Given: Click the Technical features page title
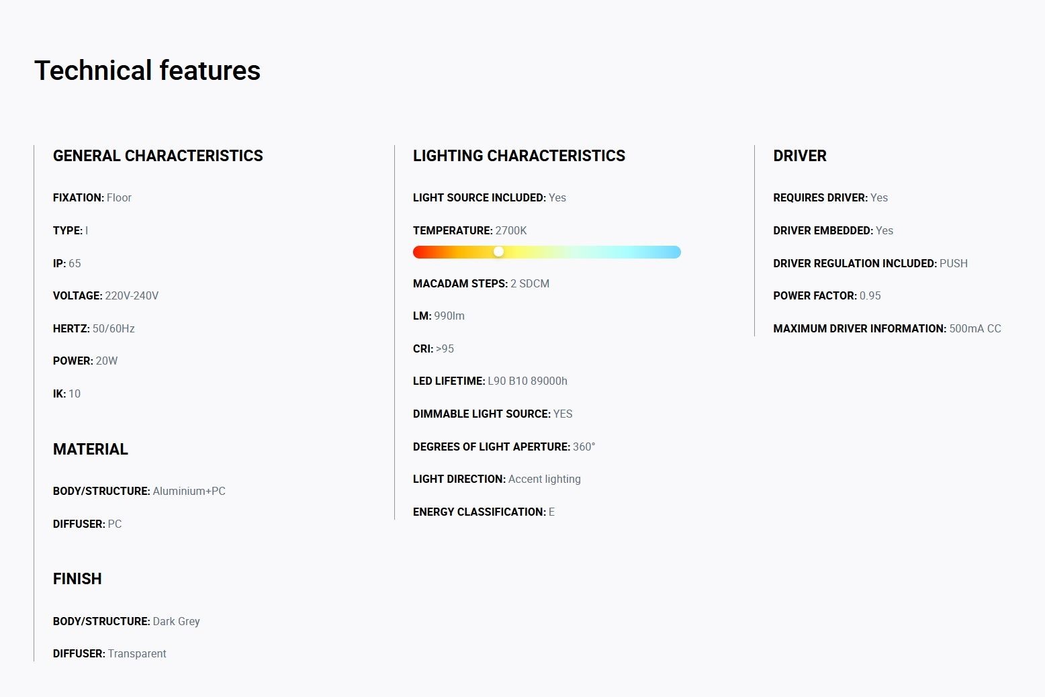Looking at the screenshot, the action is tap(148, 71).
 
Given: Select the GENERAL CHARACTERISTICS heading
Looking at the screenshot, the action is tap(158, 156).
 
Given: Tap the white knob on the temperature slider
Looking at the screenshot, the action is tap(499, 252).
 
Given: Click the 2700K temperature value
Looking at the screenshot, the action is tap(511, 230).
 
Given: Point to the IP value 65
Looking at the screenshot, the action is tap(75, 264).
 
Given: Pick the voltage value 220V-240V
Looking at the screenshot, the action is tap(132, 295).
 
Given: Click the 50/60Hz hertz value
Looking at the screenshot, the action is tap(113, 329).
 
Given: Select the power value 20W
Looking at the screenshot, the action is tap(106, 361).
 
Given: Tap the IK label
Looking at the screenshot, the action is tap(59, 393).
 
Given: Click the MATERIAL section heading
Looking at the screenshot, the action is tap(91, 449).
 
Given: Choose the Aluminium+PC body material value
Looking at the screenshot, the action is tap(189, 492).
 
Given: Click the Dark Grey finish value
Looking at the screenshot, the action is tap(177, 621).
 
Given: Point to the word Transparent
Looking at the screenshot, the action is tap(137, 653).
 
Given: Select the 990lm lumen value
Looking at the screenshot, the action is tap(449, 316).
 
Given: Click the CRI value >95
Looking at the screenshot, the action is tap(445, 349).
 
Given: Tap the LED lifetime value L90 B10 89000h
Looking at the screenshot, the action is tap(528, 381).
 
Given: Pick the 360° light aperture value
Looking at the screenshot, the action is tap(584, 447).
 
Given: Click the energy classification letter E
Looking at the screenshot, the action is tap(552, 512).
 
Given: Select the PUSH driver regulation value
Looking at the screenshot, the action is tap(954, 264).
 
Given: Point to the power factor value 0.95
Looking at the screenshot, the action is tap(870, 295).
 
